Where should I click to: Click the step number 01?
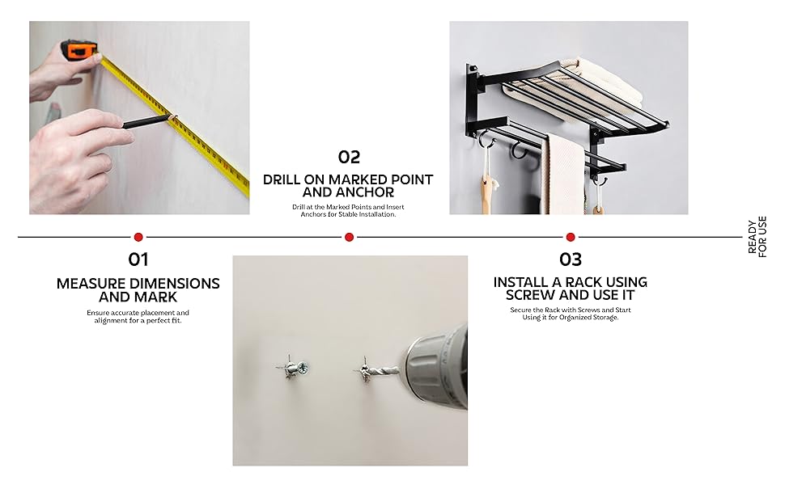(x=138, y=259)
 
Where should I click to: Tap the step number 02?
(x=349, y=157)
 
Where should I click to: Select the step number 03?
(x=571, y=259)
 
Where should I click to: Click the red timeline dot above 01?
(x=138, y=237)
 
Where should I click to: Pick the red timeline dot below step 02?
(x=349, y=237)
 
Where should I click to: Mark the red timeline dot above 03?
(x=571, y=237)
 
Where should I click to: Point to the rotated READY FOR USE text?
(x=757, y=238)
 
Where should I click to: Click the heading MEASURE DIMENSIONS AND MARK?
(x=138, y=290)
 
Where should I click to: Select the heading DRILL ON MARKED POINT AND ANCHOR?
(x=348, y=186)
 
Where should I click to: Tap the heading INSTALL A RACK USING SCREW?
(x=571, y=289)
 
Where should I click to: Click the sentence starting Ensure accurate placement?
(x=138, y=317)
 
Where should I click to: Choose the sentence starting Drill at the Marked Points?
(x=348, y=210)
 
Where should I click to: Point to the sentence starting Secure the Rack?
(x=571, y=314)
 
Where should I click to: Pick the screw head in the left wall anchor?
(x=302, y=369)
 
